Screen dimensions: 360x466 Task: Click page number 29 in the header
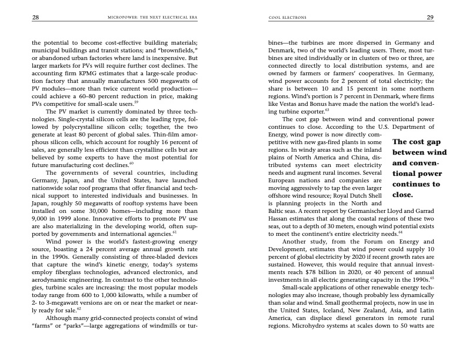pos(430,18)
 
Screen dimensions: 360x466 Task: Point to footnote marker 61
pos(175,232)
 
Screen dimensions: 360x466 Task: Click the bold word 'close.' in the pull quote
pos(404,194)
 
